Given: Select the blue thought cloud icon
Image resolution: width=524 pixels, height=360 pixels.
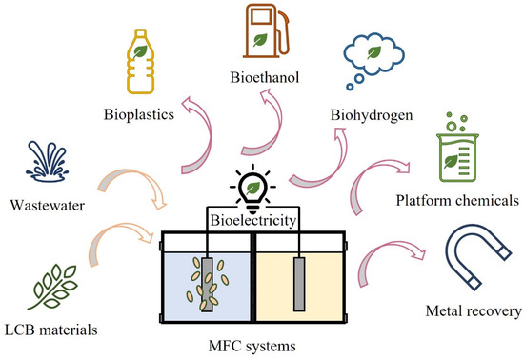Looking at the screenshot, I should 378,58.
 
